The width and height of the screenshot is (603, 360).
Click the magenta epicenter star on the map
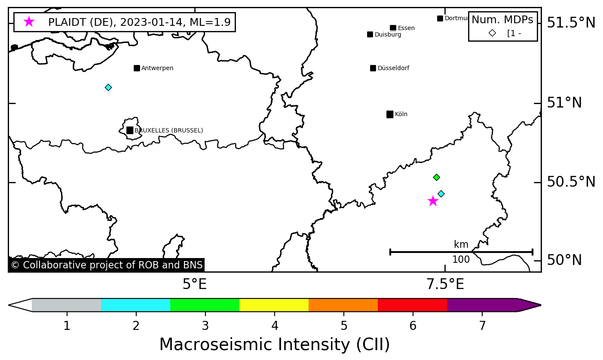(433, 201)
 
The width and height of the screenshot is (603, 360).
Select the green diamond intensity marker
(436, 177)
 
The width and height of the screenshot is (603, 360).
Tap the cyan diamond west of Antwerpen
(108, 87)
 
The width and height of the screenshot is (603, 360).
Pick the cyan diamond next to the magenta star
(441, 194)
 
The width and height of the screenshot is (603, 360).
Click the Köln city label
(401, 114)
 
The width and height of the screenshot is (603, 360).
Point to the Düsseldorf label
(393, 68)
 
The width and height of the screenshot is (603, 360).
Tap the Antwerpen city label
(157, 68)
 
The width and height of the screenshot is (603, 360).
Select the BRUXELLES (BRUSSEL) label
(168, 130)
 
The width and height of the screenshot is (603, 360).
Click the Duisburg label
(388, 35)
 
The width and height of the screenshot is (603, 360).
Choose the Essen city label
(406, 28)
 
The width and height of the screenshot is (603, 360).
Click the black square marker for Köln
(390, 114)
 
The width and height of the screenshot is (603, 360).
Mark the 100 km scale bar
(461, 252)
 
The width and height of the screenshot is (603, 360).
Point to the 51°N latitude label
(564, 103)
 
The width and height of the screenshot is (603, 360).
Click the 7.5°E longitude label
(445, 284)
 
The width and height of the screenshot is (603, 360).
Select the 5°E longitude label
(195, 284)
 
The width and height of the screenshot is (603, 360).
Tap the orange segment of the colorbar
(343, 305)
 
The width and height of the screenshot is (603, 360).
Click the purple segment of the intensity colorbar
(481, 305)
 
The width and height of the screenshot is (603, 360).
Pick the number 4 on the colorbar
(275, 326)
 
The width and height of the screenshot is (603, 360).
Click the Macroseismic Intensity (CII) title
(275, 345)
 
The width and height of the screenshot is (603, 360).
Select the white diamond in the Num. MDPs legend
(492, 33)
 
